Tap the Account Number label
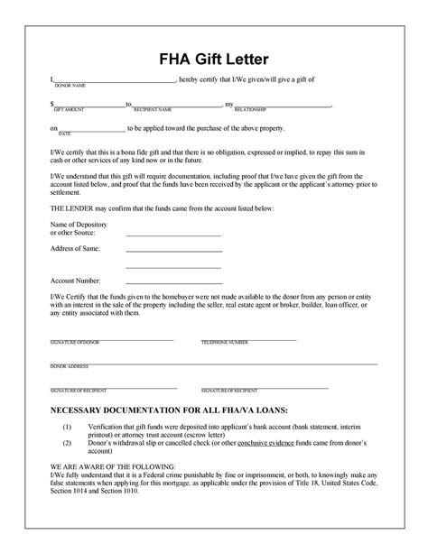pyautogui.click(x=74, y=281)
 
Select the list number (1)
pyautogui.click(x=67, y=426)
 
